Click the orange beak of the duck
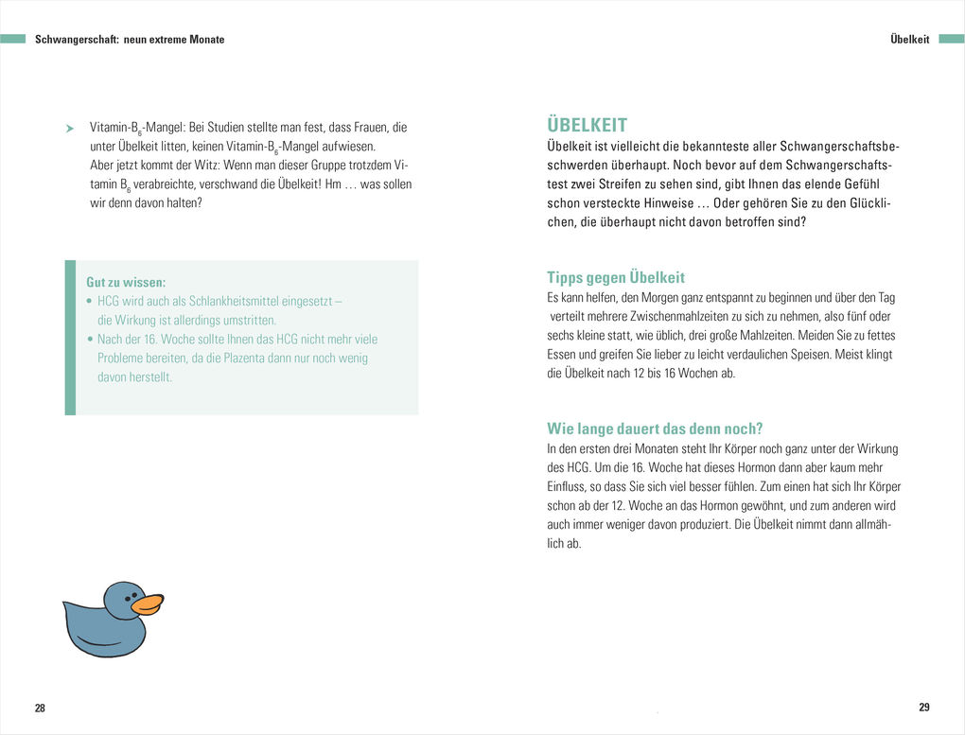pos(147,604)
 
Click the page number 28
pos(40,709)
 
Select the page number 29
pos(924,708)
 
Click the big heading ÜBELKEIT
pos(587,126)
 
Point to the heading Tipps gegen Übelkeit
pos(615,277)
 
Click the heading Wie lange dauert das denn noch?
pos(655,428)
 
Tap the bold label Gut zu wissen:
pos(126,282)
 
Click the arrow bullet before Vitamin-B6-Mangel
pos(69,128)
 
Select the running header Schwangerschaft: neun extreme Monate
pos(130,40)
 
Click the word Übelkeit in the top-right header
pos(910,40)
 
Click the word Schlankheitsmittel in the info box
pos(237,301)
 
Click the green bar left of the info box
pos(70,338)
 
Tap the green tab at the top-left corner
pos(13,39)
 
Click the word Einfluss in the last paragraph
pos(567,486)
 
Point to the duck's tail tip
pos(65,604)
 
